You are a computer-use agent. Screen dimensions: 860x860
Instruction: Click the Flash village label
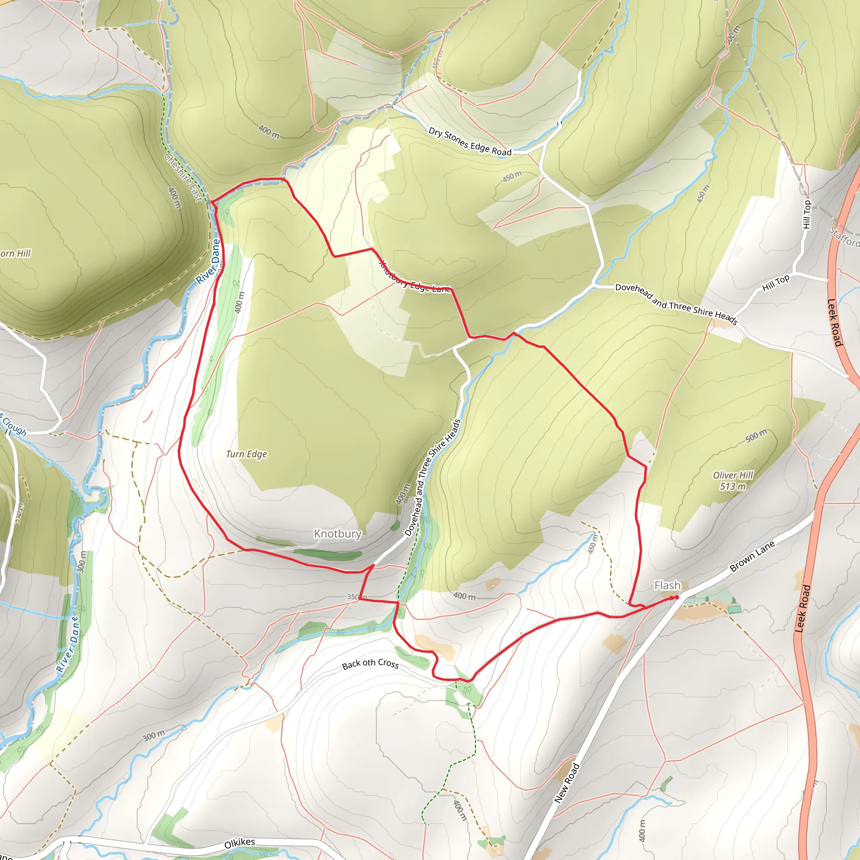(667, 585)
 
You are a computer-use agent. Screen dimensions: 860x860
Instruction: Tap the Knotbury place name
(338, 533)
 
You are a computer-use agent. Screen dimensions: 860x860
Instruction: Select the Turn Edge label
(246, 454)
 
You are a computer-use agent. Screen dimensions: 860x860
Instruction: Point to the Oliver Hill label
(733, 475)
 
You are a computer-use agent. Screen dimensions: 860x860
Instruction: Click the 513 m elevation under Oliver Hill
(733, 487)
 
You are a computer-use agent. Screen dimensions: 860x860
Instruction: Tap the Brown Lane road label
(752, 556)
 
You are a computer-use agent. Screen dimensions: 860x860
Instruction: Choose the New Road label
(566, 783)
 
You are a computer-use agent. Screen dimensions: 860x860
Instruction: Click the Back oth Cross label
(370, 664)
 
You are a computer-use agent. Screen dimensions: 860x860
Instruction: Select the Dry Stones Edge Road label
(470, 142)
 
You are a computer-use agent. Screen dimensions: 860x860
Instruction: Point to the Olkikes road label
(239, 843)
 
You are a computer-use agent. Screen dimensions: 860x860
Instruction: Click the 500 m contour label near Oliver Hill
(756, 436)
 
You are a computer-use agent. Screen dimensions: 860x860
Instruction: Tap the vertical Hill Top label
(807, 215)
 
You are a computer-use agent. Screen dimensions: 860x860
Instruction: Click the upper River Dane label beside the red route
(208, 261)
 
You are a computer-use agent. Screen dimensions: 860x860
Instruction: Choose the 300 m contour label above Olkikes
(154, 736)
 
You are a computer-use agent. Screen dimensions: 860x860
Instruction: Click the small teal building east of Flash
(735, 609)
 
